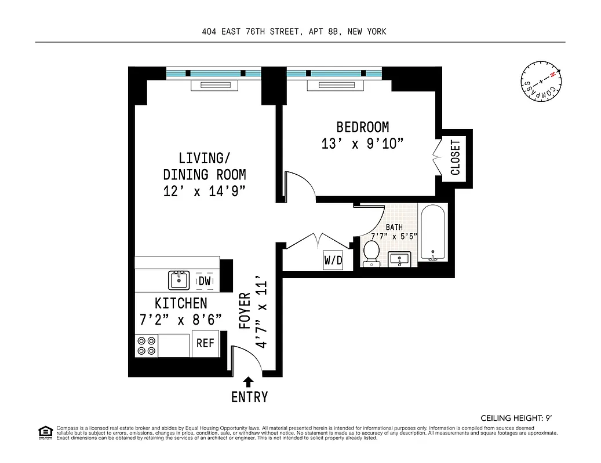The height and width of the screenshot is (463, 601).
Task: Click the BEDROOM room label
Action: coord(362,127)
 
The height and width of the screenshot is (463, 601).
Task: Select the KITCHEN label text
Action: coord(180,303)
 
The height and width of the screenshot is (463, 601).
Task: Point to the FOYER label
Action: coord(246,311)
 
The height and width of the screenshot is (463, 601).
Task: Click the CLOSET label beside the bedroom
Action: coord(456,157)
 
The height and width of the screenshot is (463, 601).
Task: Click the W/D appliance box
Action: coord(333,260)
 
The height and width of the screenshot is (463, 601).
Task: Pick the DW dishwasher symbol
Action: coord(205,281)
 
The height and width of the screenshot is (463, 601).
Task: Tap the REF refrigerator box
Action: coord(205,343)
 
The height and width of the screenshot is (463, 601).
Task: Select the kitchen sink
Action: coord(179,281)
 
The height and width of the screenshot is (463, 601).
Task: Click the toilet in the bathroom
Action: coord(371,253)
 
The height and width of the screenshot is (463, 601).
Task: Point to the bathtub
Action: coord(432,233)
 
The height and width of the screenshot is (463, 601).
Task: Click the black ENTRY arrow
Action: coord(249,381)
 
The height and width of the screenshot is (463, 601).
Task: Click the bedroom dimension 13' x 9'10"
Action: coord(362,144)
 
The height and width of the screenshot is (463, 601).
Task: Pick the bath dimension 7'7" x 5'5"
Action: coord(394,236)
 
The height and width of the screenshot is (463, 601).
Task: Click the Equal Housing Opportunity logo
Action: coord(45,432)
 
